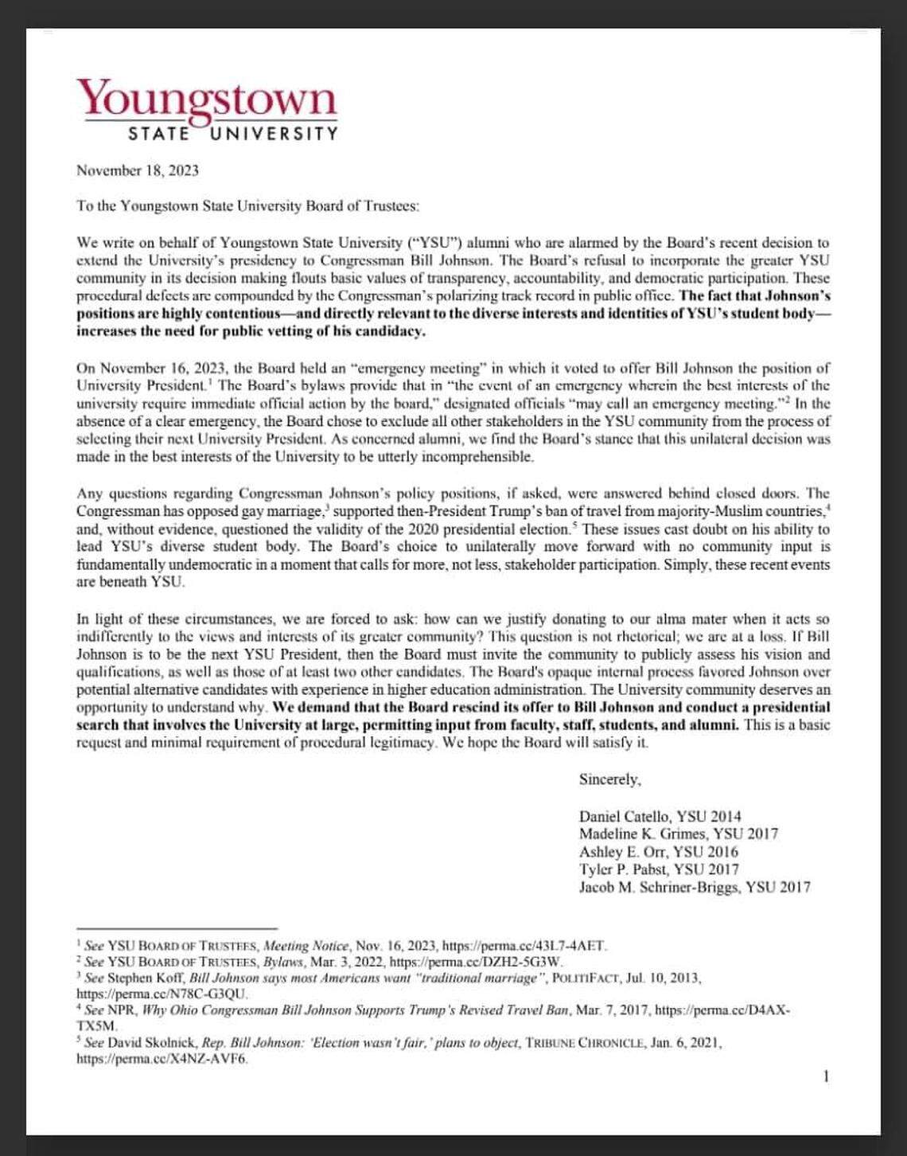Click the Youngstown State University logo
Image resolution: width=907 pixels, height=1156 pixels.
pos(207,110)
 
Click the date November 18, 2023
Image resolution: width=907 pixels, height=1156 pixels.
pos(138,170)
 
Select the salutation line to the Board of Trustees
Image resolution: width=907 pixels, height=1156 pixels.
pos(247,206)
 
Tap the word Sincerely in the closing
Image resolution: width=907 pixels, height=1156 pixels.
pos(609,779)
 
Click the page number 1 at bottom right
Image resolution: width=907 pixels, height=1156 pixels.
pos(826,1077)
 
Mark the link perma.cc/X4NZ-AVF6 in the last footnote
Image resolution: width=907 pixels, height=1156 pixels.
pos(162,1059)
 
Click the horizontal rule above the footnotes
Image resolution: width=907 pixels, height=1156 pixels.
pos(177,928)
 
